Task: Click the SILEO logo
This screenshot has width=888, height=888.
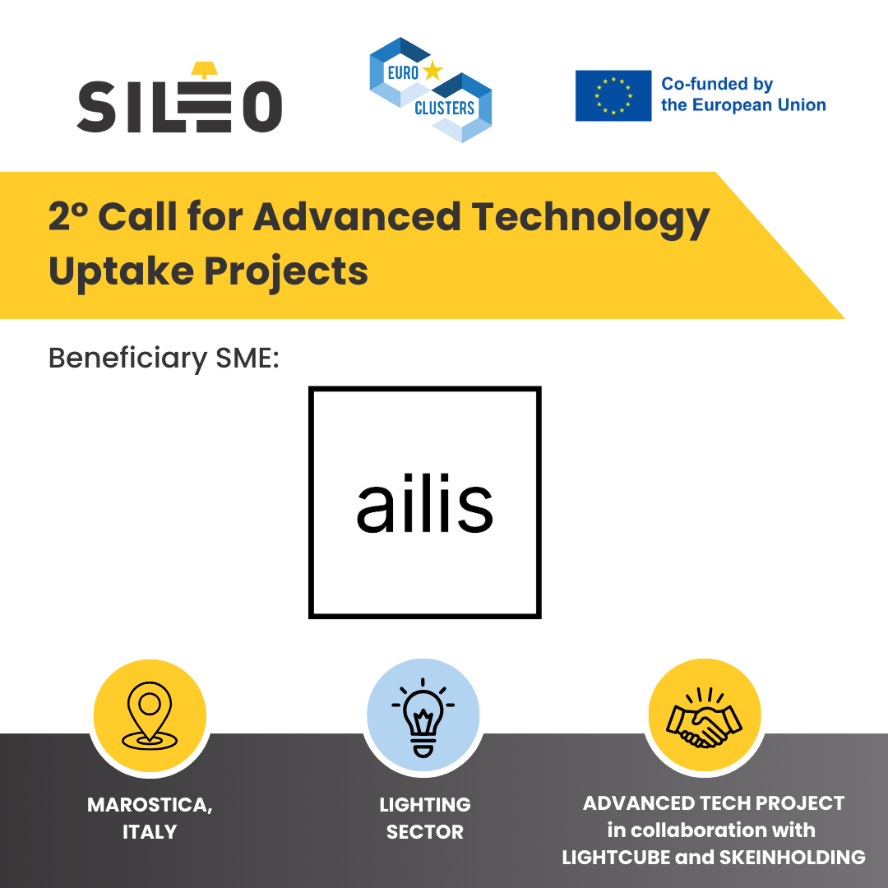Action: coord(179,97)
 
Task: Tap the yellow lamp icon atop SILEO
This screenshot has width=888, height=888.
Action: coord(205,70)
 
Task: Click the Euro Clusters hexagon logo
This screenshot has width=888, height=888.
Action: coord(430,90)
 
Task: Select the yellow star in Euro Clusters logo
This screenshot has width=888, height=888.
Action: coord(432,71)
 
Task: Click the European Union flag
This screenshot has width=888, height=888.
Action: coord(613,95)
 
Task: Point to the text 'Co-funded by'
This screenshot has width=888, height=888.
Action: coord(717,85)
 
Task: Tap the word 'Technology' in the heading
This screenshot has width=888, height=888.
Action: coord(590,218)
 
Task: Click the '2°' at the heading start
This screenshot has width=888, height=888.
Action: coord(68,215)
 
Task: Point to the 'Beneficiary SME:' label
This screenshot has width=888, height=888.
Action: coord(164,358)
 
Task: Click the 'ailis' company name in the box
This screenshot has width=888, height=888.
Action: coord(425,503)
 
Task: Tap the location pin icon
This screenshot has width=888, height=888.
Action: coord(150,716)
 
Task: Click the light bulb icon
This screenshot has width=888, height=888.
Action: coord(423,717)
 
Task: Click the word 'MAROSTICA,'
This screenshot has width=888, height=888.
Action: coord(150,805)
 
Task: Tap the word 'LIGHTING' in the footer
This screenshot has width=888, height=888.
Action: coord(425,805)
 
